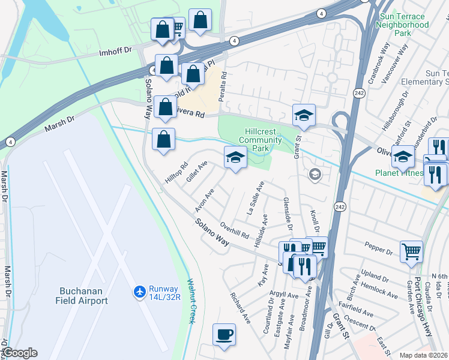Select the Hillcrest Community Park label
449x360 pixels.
tap(260, 140)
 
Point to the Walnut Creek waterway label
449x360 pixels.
tap(191, 301)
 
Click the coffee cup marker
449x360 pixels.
tap(224, 334)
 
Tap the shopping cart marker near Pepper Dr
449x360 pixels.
tap(411, 251)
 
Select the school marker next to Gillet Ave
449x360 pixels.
tap(235, 157)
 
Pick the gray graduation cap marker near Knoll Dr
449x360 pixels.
tap(313, 175)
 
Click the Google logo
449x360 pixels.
tap(19, 353)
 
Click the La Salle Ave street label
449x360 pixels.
tap(256, 198)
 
